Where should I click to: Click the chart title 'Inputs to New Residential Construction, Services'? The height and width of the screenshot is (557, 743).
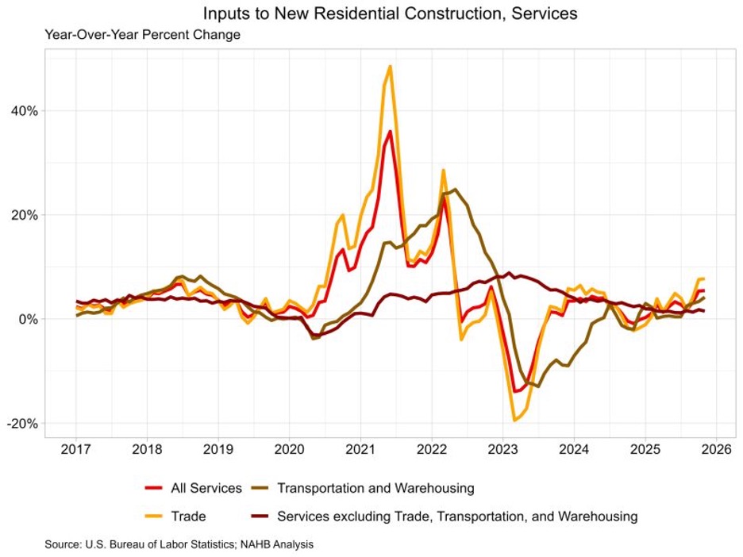(390, 13)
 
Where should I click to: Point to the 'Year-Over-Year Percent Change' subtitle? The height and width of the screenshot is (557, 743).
(142, 35)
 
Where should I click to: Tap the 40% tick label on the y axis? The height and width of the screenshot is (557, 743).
(23, 110)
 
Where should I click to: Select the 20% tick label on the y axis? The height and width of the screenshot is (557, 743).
(23, 215)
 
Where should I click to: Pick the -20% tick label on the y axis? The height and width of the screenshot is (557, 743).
(21, 424)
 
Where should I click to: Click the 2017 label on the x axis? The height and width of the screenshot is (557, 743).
(77, 451)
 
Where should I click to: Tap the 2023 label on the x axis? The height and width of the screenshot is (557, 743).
(502, 451)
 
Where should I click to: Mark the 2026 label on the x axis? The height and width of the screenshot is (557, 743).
(716, 451)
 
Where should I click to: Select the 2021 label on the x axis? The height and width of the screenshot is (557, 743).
(360, 451)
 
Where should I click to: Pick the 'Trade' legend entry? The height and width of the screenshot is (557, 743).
(188, 517)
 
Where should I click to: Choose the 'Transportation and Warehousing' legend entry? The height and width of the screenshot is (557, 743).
(375, 488)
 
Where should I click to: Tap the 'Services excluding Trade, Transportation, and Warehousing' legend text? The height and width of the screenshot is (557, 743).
(457, 517)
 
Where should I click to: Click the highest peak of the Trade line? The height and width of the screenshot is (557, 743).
(391, 67)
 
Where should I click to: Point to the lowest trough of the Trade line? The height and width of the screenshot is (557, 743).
(514, 420)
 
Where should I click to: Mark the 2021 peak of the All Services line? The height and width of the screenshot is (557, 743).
(390, 132)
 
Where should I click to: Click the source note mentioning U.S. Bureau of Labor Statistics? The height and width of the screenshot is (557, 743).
(179, 544)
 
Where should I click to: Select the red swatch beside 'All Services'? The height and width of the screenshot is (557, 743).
(154, 488)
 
